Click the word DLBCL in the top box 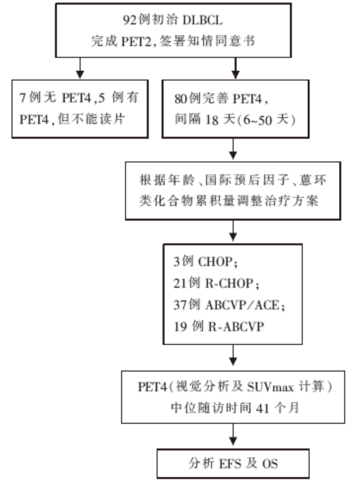tap(203, 20)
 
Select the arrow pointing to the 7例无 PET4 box tap(80, 68)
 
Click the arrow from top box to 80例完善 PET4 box tap(236, 68)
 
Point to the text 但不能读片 tap(91, 119)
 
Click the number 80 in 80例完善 tap(181, 99)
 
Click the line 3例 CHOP tap(205, 262)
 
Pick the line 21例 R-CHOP tap(216, 283)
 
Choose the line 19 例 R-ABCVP tap(219, 326)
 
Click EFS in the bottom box tap(230, 464)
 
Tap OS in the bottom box tap(270, 464)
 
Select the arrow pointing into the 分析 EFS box tap(233, 435)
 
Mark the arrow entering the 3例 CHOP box tap(233, 231)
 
